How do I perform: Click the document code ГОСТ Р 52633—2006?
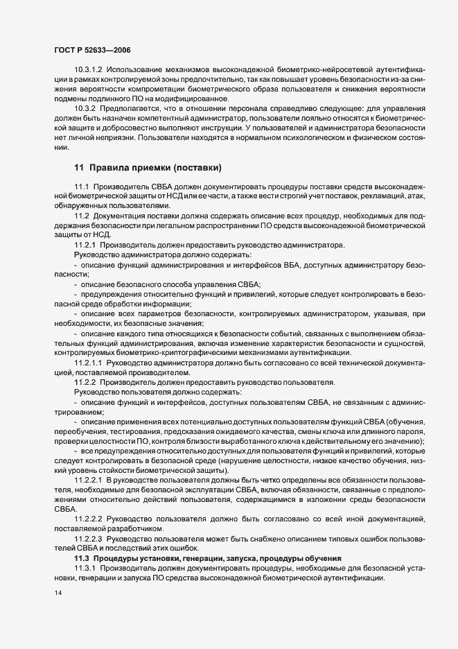pyautogui.click(x=92, y=51)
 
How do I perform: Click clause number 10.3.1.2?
pyautogui.click(x=88, y=71)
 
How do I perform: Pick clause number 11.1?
pyautogui.click(x=82, y=187)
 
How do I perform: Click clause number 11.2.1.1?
pyautogui.click(x=88, y=362)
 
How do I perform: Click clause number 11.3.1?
pyautogui.click(x=85, y=568)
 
